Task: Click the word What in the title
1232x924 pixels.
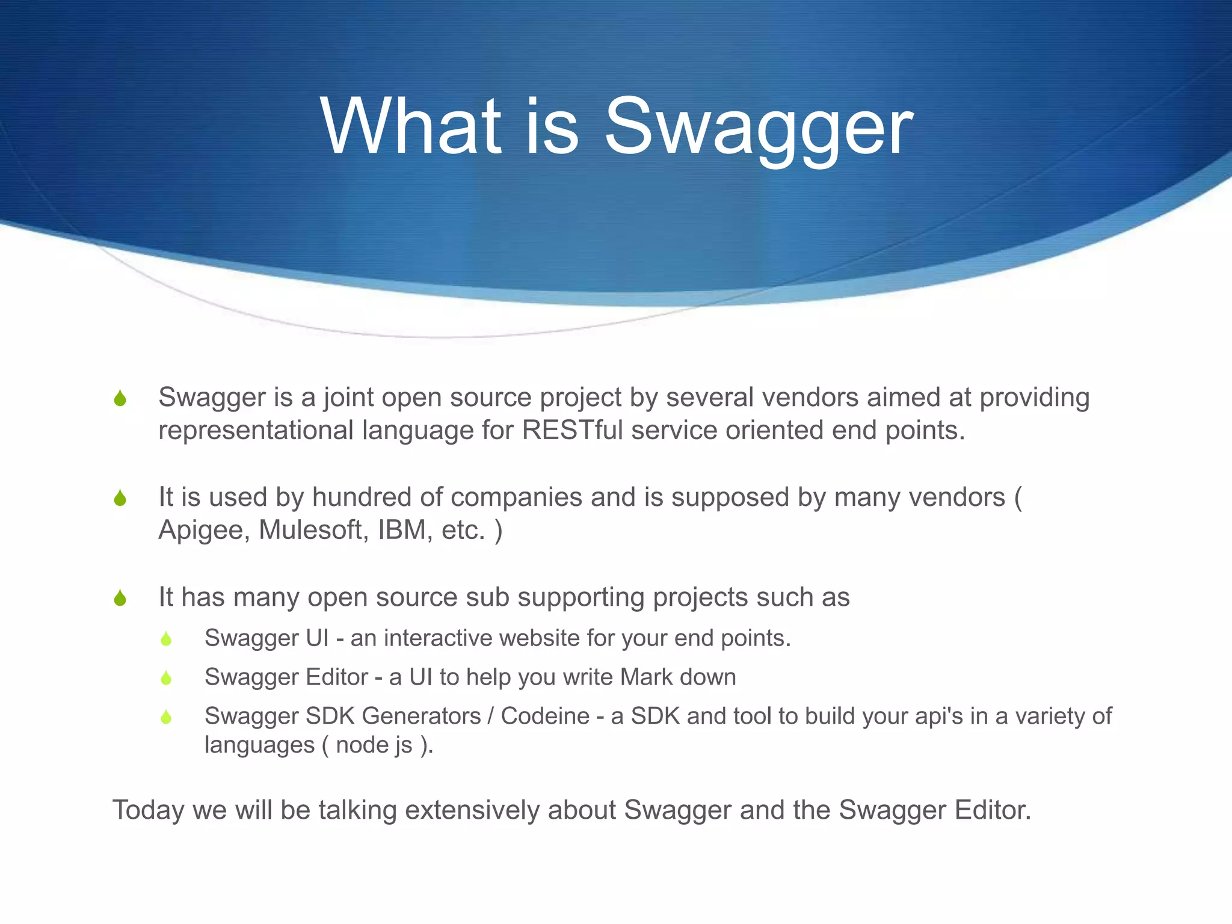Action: (x=410, y=128)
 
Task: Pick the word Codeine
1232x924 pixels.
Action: (x=545, y=716)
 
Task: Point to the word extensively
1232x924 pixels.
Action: (x=472, y=810)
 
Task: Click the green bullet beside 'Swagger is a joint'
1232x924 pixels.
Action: (x=120, y=398)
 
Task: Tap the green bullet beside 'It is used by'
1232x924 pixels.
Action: (x=120, y=498)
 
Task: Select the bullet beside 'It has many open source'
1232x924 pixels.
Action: (x=120, y=598)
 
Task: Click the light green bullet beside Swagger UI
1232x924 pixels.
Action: (x=167, y=639)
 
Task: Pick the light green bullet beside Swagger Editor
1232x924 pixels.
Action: (x=167, y=678)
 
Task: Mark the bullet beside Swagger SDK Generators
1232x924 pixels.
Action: (x=167, y=717)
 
